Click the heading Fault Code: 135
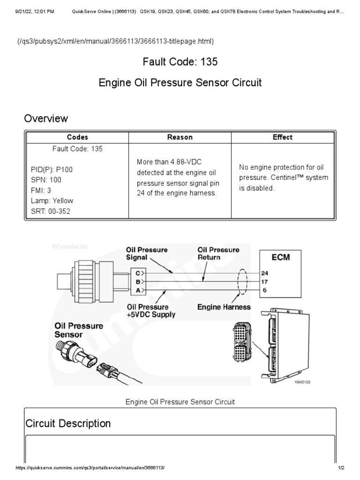pos(180,61)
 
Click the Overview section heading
pos(46,118)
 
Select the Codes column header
pos(77,137)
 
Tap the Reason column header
pos(180,137)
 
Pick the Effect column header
pos(282,137)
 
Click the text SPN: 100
pos(46,180)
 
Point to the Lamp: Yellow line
pos(52,201)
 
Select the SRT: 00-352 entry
pos(52,211)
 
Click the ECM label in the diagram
pos(281,257)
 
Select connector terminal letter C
pos(137,272)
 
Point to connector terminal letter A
pos(137,291)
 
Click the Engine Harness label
pos(224,307)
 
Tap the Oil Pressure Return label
pos(218,254)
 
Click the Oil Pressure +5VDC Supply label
pos(151,311)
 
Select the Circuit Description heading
pos(68,424)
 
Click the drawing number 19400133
pos(302,382)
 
